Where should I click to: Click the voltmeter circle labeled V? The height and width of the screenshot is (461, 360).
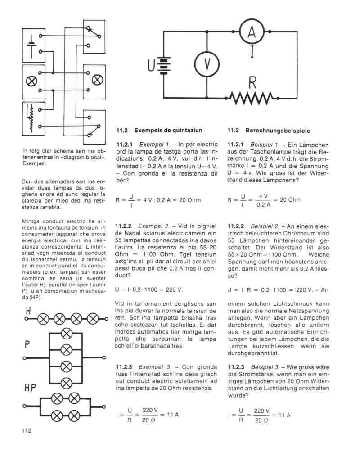207,65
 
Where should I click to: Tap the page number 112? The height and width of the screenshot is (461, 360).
25,430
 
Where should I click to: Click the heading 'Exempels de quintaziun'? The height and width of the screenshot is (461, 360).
166,130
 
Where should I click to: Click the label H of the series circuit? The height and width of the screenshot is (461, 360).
29,311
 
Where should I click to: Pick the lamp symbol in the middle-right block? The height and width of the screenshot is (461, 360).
97,81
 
